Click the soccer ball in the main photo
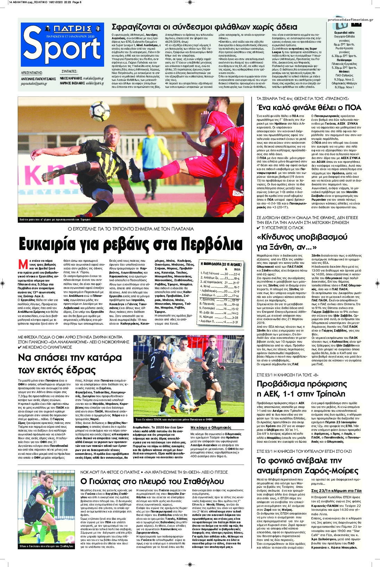[x=100, y=112]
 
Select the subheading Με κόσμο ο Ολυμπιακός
[x=211, y=427]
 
